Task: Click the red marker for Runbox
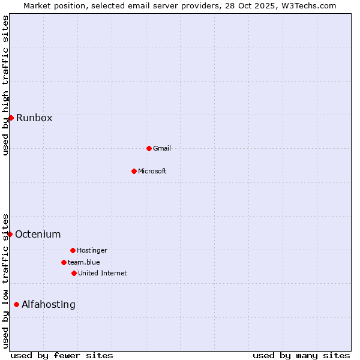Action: tap(11, 118)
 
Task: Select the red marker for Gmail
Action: tap(149, 148)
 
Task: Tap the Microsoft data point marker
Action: tap(134, 171)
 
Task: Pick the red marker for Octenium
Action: tap(10, 234)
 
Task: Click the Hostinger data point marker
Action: tap(73, 250)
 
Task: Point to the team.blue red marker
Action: tap(64, 262)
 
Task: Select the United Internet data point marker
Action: tap(74, 273)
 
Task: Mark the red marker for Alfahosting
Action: tap(16, 304)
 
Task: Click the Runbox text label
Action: tap(34, 118)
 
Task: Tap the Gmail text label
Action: tap(162, 148)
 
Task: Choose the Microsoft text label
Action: tap(152, 171)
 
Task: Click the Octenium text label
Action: tap(38, 234)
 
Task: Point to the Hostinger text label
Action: tap(92, 250)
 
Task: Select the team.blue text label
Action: tap(84, 262)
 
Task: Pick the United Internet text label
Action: tap(103, 273)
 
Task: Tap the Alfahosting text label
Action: tap(49, 304)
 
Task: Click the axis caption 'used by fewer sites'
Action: tap(62, 355)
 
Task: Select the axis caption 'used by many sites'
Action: tap(301, 355)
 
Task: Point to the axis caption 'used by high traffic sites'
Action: tap(5, 85)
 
